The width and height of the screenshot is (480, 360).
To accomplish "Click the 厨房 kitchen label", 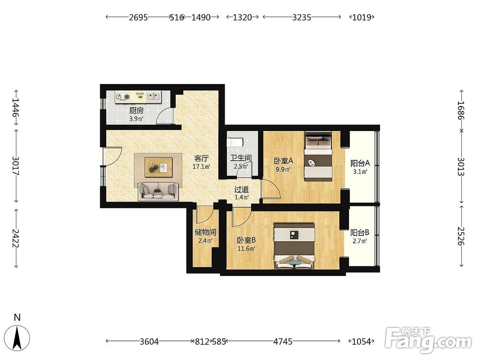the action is [x=136, y=110].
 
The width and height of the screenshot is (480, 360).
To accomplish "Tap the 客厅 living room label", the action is [x=202, y=158].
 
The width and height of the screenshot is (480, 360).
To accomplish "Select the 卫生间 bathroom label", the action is [x=241, y=158].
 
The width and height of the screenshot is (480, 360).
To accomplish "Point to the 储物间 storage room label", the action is [x=205, y=232].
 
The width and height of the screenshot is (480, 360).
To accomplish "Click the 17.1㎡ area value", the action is [x=201, y=167].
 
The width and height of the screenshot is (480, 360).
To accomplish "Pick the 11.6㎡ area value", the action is [x=246, y=249].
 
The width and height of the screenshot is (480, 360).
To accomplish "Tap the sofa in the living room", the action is [x=158, y=192].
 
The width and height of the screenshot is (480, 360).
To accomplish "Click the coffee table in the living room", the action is [x=158, y=167].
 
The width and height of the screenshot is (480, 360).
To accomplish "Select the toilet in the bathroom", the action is [x=235, y=142].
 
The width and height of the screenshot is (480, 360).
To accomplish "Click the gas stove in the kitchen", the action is [x=122, y=97].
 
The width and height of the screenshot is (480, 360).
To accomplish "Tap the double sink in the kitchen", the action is [x=154, y=97].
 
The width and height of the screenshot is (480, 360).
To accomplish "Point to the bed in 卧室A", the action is [x=318, y=156].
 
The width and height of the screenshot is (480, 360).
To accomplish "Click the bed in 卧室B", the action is [x=295, y=246].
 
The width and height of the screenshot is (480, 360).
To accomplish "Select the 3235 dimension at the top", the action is [x=301, y=17].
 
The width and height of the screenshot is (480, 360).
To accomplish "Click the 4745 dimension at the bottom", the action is [x=283, y=341].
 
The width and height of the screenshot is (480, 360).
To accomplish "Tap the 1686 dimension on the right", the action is [x=461, y=110].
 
